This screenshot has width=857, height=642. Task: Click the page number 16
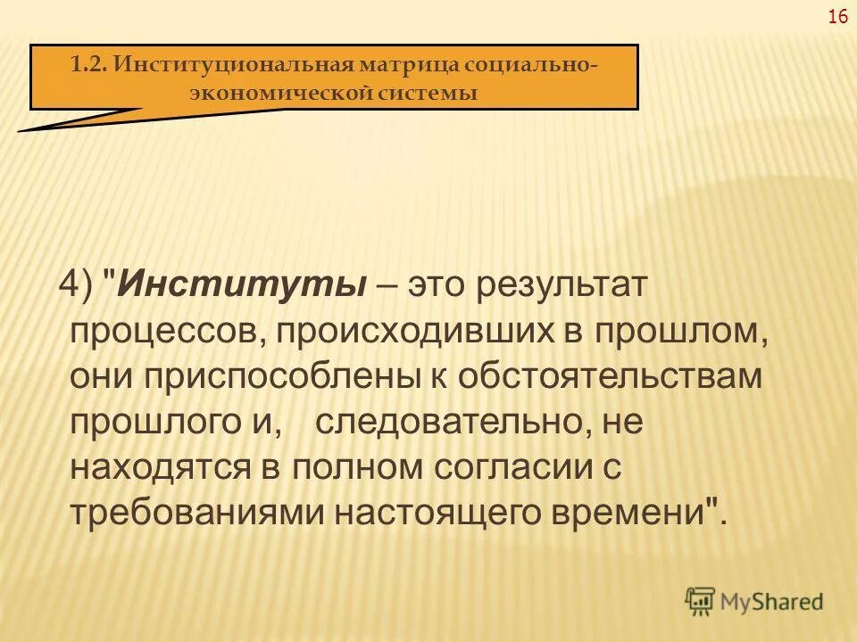point(837,17)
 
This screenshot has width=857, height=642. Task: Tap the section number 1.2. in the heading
point(89,65)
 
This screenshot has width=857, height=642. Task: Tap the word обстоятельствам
point(612,375)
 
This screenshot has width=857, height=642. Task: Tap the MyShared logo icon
point(701,601)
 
